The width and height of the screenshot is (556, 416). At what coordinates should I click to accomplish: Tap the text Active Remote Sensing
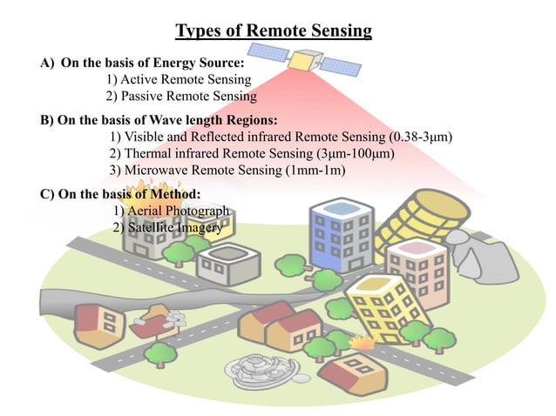click(x=179, y=80)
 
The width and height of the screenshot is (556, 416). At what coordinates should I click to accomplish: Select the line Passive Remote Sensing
click(x=181, y=97)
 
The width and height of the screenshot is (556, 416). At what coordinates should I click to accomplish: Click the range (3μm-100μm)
click(x=349, y=154)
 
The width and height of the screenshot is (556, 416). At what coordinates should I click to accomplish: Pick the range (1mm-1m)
click(x=315, y=171)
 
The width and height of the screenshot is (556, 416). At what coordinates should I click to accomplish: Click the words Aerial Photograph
click(x=171, y=211)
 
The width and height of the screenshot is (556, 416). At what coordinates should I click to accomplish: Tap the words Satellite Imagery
click(x=168, y=227)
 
